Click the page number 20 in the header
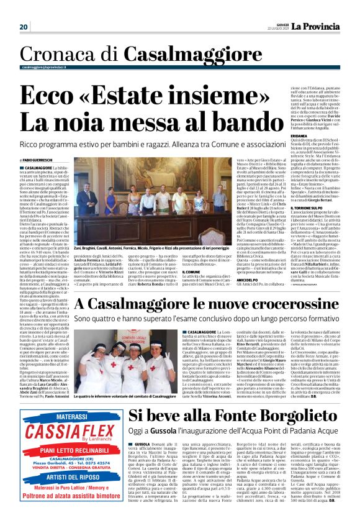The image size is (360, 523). [x=24, y=27]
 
